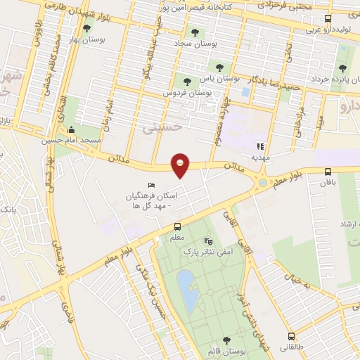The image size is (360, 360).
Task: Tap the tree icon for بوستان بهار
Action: [x=86, y=28]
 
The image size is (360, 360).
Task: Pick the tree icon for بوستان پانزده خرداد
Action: [x=342, y=68]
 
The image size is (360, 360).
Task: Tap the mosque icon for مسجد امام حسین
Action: [x=70, y=130]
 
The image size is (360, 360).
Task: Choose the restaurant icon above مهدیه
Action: [x=259, y=147]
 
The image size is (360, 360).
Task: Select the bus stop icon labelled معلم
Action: [x=177, y=227]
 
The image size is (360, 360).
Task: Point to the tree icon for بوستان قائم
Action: [x=226, y=340]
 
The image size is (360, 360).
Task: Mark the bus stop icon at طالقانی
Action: [x=290, y=336]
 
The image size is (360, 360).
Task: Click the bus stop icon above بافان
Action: [x=328, y=172]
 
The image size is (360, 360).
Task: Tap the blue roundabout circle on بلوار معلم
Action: [x=262, y=183]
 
